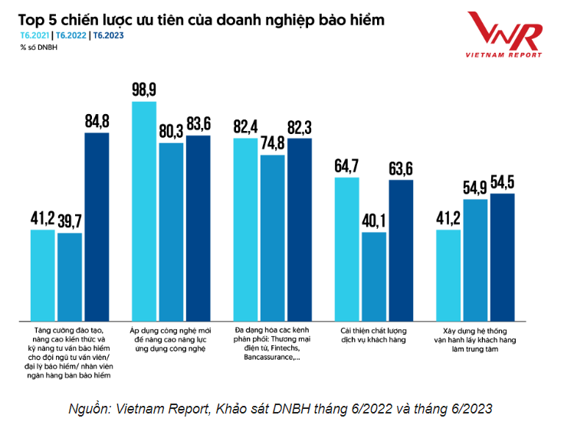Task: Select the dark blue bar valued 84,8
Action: (x=97, y=227)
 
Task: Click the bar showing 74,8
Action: (x=272, y=237)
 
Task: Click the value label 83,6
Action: (x=198, y=123)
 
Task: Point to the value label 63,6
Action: (x=401, y=167)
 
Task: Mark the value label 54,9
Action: (x=475, y=187)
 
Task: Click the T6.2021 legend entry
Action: (x=33, y=36)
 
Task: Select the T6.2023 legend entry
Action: (x=109, y=36)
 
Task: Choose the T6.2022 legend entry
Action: (x=71, y=36)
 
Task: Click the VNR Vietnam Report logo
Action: (x=507, y=34)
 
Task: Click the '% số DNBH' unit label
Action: (x=39, y=47)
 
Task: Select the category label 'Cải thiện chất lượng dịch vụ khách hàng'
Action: (x=373, y=335)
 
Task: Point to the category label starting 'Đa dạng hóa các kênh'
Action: (x=272, y=342)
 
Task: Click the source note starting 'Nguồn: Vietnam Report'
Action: (x=280, y=407)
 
